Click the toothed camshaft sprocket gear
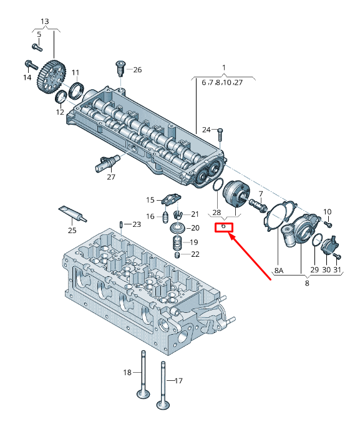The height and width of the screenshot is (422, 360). click(51, 77)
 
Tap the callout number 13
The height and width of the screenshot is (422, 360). click(45, 21)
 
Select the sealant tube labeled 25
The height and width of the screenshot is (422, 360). click(73, 214)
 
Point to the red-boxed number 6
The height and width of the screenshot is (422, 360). click(223, 226)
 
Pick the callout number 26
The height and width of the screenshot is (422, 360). click(137, 70)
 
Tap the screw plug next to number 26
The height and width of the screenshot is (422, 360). click(120, 69)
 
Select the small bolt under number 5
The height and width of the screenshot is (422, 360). click(37, 47)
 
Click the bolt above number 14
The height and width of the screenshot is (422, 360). click(31, 65)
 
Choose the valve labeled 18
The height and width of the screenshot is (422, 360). click(144, 374)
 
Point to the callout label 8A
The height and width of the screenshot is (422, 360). click(279, 270)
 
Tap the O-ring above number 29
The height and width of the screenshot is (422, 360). click(317, 240)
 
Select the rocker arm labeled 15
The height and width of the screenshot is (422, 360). click(171, 199)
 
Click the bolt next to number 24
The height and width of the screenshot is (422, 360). click(220, 135)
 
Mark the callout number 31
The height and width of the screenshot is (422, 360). click(338, 270)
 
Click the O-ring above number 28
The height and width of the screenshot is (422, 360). click(218, 185)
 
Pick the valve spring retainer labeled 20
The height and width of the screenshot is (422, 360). click(178, 228)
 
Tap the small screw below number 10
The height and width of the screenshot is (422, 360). click(328, 224)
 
